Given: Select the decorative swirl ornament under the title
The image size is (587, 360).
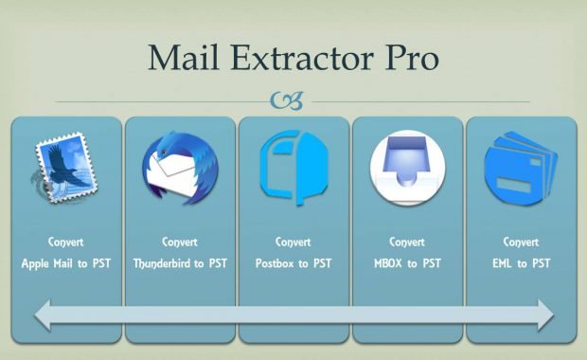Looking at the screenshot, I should (287, 100).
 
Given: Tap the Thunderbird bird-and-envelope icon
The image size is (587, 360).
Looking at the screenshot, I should (180, 168).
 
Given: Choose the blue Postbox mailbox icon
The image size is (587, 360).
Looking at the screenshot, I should (293, 168).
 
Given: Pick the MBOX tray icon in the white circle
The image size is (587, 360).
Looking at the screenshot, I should (407, 169).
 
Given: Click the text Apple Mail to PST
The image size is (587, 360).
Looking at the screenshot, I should (66, 262).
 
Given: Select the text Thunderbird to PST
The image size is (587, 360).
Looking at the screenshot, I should (180, 262).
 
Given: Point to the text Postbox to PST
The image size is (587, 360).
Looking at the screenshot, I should (293, 262).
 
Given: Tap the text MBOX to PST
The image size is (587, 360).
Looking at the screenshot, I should (407, 262).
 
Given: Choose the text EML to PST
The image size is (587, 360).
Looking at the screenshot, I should (521, 262).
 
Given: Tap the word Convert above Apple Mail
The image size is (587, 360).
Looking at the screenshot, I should (66, 241).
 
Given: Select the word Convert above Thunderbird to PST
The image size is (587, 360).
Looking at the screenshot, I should (180, 241).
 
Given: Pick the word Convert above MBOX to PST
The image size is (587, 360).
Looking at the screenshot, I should (407, 241).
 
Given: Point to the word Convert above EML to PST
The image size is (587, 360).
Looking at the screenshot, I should (521, 241).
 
